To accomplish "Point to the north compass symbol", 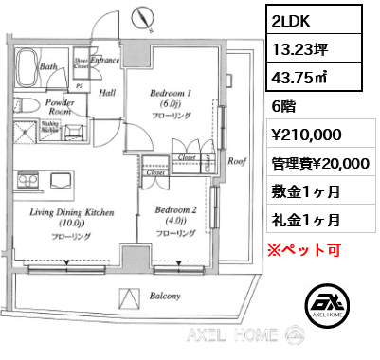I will pyautogui.click(x=142, y=16).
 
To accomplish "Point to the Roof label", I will pyautogui.click(x=235, y=161).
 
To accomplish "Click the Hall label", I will pyautogui.click(x=108, y=92).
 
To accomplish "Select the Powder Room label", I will pyautogui.click(x=61, y=105).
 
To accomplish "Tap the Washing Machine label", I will pyautogui.click(x=52, y=126).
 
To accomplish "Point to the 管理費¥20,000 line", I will pyautogui.click(x=319, y=164).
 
